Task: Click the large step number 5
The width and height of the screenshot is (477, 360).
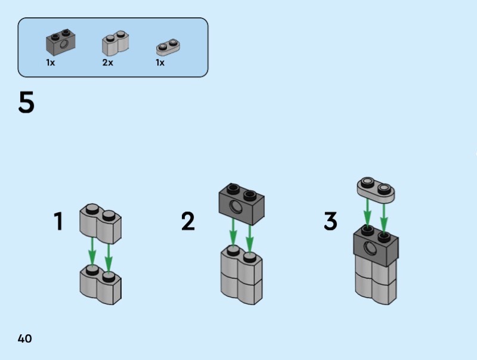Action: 27,103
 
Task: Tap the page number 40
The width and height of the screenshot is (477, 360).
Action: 25,339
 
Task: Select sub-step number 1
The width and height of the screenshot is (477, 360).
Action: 58,222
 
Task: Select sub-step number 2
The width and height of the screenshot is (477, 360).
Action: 188,222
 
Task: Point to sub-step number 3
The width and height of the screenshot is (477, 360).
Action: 330,222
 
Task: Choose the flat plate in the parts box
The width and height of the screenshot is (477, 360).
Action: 168,46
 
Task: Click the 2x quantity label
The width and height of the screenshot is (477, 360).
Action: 107,63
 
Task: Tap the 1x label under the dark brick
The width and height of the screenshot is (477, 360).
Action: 51,63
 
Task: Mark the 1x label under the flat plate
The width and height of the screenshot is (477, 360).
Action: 160,63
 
